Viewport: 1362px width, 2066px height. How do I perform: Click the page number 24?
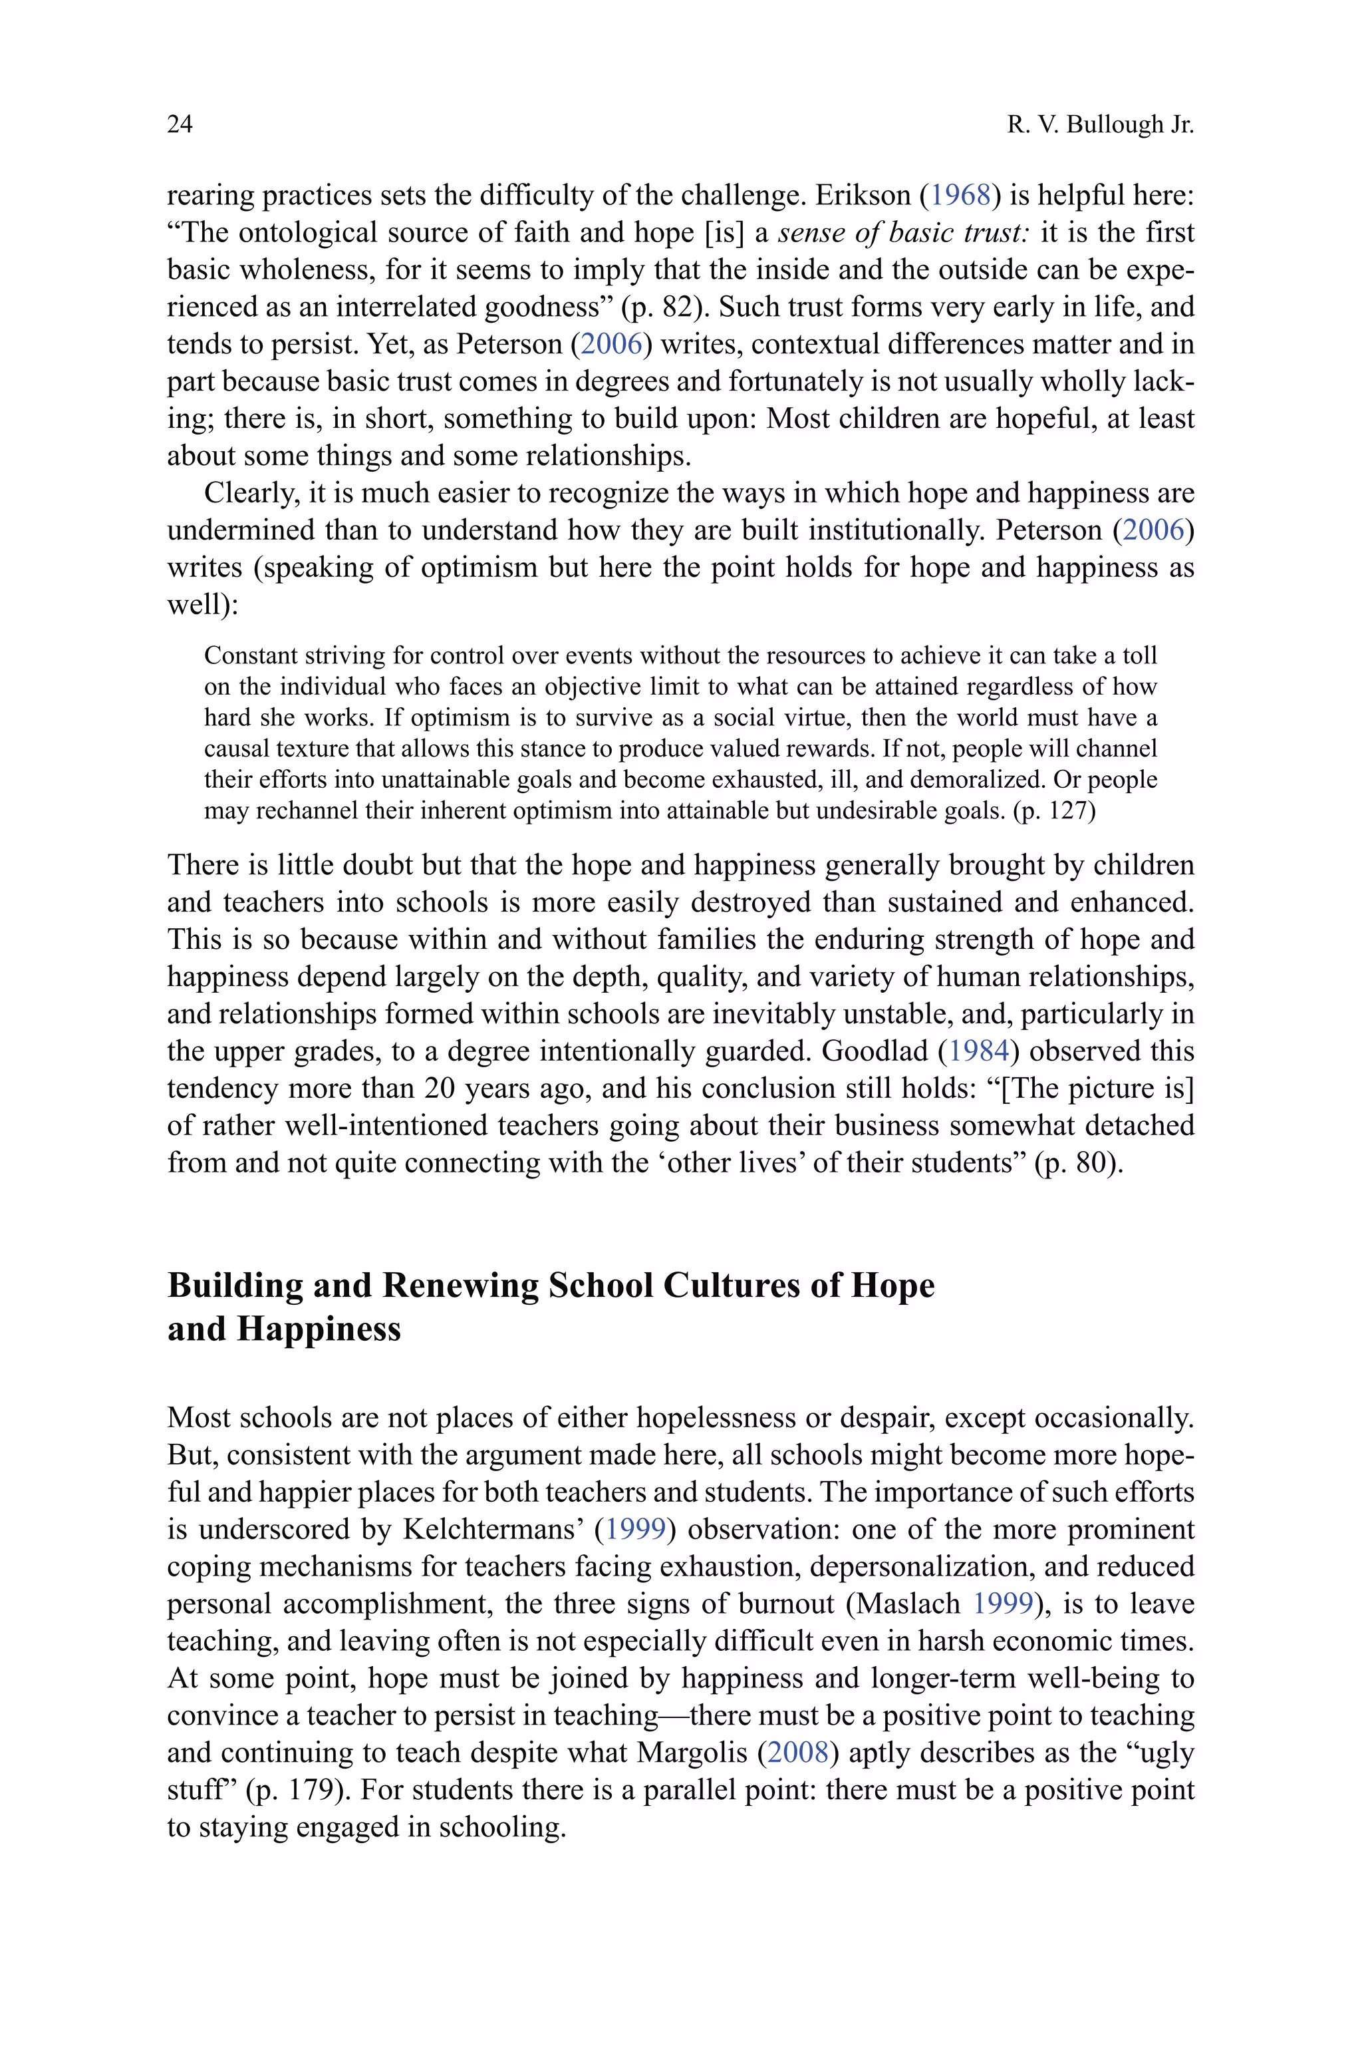[180, 125]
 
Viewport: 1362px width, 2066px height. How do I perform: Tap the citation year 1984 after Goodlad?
[979, 1052]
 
